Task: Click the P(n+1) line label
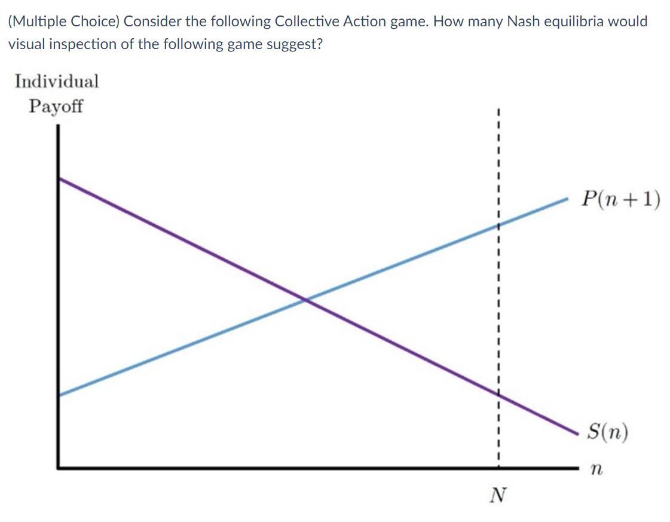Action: click(x=622, y=199)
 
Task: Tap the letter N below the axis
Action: click(x=497, y=495)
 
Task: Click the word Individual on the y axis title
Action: click(x=57, y=81)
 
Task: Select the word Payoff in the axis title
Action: click(x=56, y=107)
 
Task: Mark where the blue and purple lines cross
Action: click(x=306, y=299)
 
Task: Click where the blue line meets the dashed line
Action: click(x=497, y=225)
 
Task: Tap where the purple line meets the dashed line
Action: click(x=497, y=394)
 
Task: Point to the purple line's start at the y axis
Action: click(x=60, y=179)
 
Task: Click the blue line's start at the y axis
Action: click(x=60, y=394)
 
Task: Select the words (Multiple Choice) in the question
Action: click(x=63, y=22)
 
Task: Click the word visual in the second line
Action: click(x=26, y=45)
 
